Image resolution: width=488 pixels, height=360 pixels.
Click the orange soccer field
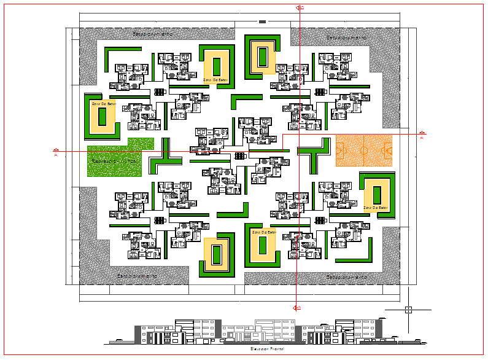(x=363, y=151)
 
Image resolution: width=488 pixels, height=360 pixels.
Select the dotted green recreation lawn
(x=114, y=160)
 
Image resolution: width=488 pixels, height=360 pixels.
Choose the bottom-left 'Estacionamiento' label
(x=137, y=276)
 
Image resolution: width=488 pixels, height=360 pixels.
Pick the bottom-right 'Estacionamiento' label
(x=347, y=277)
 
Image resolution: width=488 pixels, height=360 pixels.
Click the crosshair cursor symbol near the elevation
(x=409, y=310)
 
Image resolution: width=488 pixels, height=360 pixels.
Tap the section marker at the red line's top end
(x=300, y=7)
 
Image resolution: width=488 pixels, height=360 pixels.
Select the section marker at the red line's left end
(x=56, y=151)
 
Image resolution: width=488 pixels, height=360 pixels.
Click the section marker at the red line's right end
(x=421, y=133)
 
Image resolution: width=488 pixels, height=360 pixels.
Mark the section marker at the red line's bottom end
(x=297, y=307)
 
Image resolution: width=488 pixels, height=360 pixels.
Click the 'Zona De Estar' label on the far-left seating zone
(x=103, y=104)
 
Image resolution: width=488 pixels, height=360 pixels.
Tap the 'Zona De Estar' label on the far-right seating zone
(x=376, y=208)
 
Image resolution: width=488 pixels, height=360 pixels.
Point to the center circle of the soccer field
(x=363, y=151)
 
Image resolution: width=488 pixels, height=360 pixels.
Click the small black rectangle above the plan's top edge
(x=263, y=22)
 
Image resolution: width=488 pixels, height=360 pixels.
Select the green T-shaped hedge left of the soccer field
(x=313, y=153)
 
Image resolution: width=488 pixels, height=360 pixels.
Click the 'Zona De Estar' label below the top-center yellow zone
(x=215, y=79)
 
